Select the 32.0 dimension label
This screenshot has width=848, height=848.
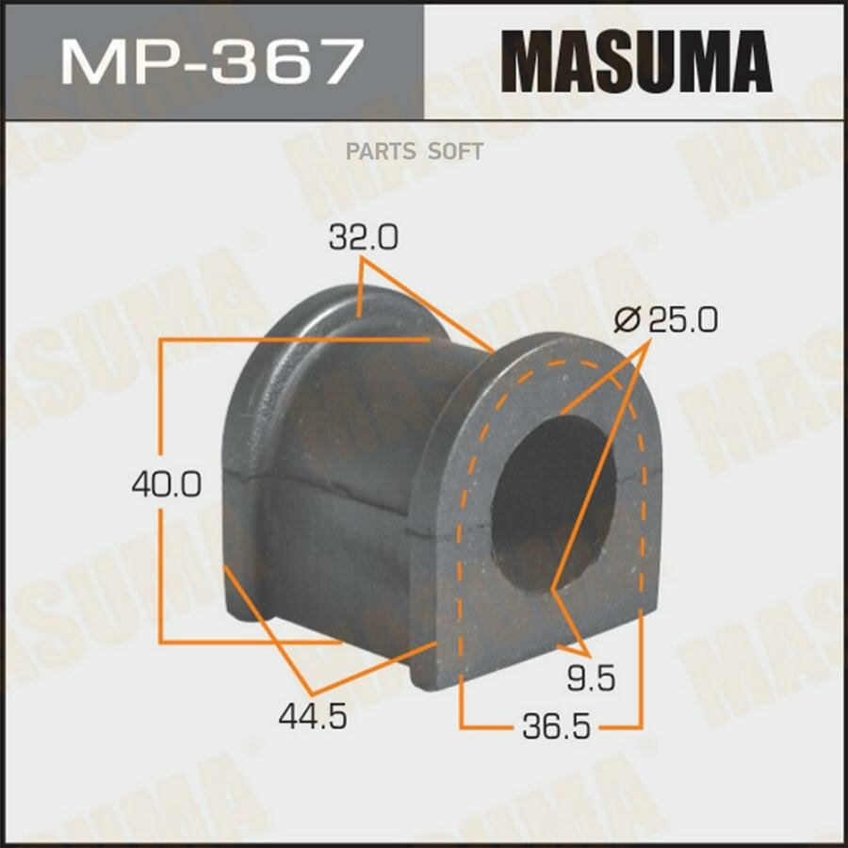363,239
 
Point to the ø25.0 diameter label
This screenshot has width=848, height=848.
665,321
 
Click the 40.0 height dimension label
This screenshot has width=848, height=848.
165,485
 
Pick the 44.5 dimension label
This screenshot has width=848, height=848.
313,717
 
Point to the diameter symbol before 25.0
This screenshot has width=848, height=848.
626,321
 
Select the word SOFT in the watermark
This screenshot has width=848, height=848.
457,151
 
